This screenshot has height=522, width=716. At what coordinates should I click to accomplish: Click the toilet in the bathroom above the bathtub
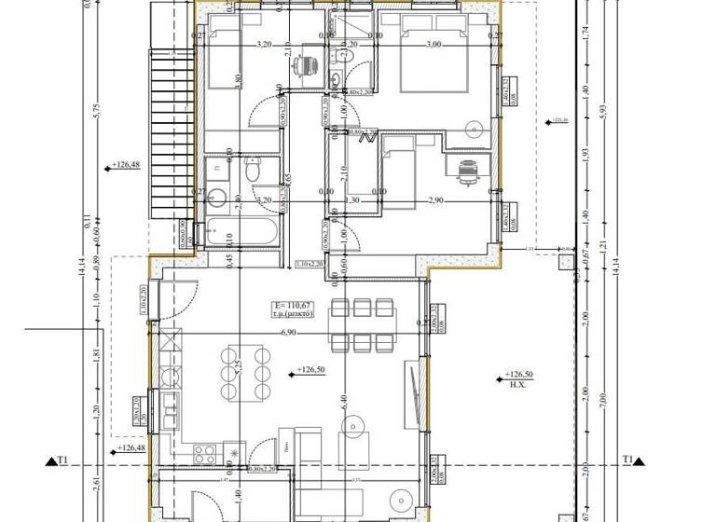click(x=253, y=172)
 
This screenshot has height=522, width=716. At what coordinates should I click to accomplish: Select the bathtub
click(x=241, y=233)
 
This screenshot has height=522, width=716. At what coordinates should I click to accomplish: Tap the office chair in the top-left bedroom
click(x=306, y=66)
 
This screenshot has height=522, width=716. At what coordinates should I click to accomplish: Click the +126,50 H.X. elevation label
click(x=518, y=378)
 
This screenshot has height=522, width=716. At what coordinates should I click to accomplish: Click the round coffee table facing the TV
click(x=353, y=427)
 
